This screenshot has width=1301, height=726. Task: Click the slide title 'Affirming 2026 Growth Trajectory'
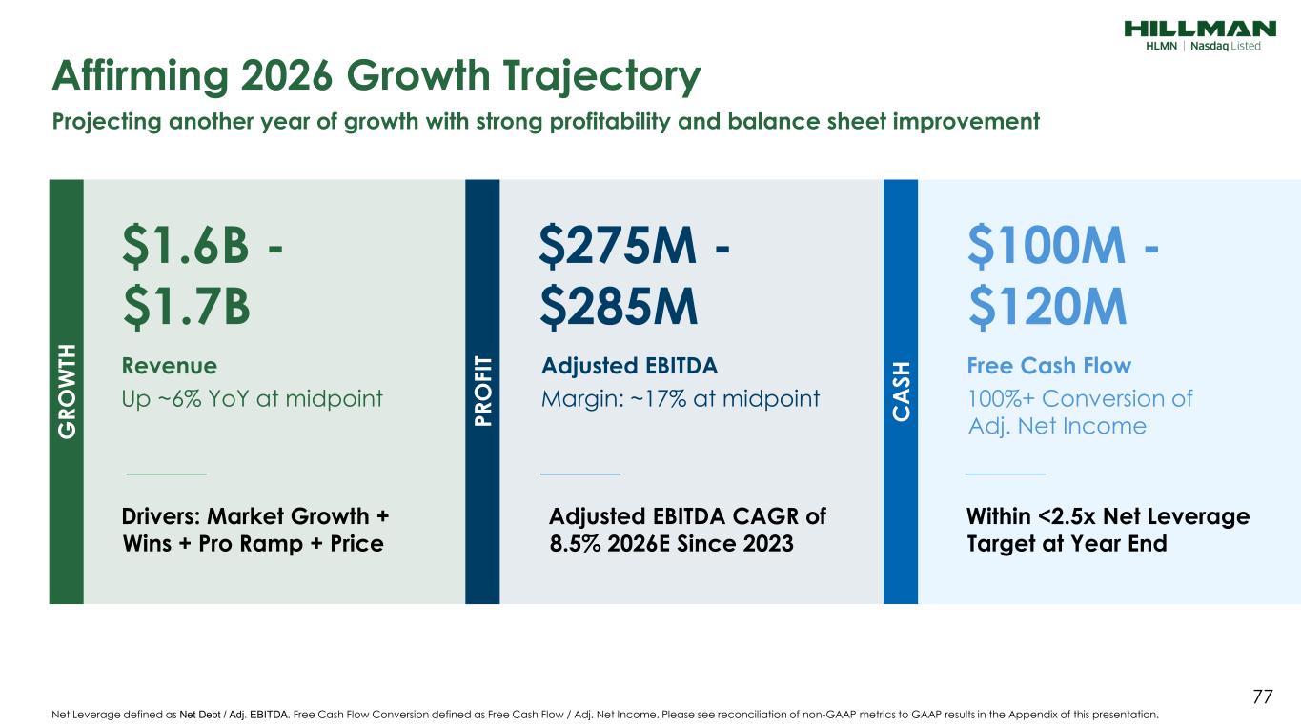pyautogui.click(x=377, y=76)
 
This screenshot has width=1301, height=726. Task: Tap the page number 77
pyautogui.click(x=1262, y=697)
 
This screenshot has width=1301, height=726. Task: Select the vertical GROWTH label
pyautogui.click(x=67, y=392)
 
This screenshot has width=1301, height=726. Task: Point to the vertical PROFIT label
pyautogui.click(x=482, y=392)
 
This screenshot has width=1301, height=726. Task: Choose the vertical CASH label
pyautogui.click(x=901, y=392)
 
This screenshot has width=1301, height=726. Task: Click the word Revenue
pyautogui.click(x=170, y=366)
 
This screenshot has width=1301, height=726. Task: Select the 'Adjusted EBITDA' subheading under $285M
pyautogui.click(x=629, y=366)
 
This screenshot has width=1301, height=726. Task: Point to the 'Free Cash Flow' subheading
pyautogui.click(x=1049, y=366)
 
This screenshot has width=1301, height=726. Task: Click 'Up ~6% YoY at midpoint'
pyautogui.click(x=253, y=398)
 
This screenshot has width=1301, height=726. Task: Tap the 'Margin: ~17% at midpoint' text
pyautogui.click(x=680, y=398)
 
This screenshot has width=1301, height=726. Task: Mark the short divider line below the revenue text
pyautogui.click(x=166, y=473)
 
